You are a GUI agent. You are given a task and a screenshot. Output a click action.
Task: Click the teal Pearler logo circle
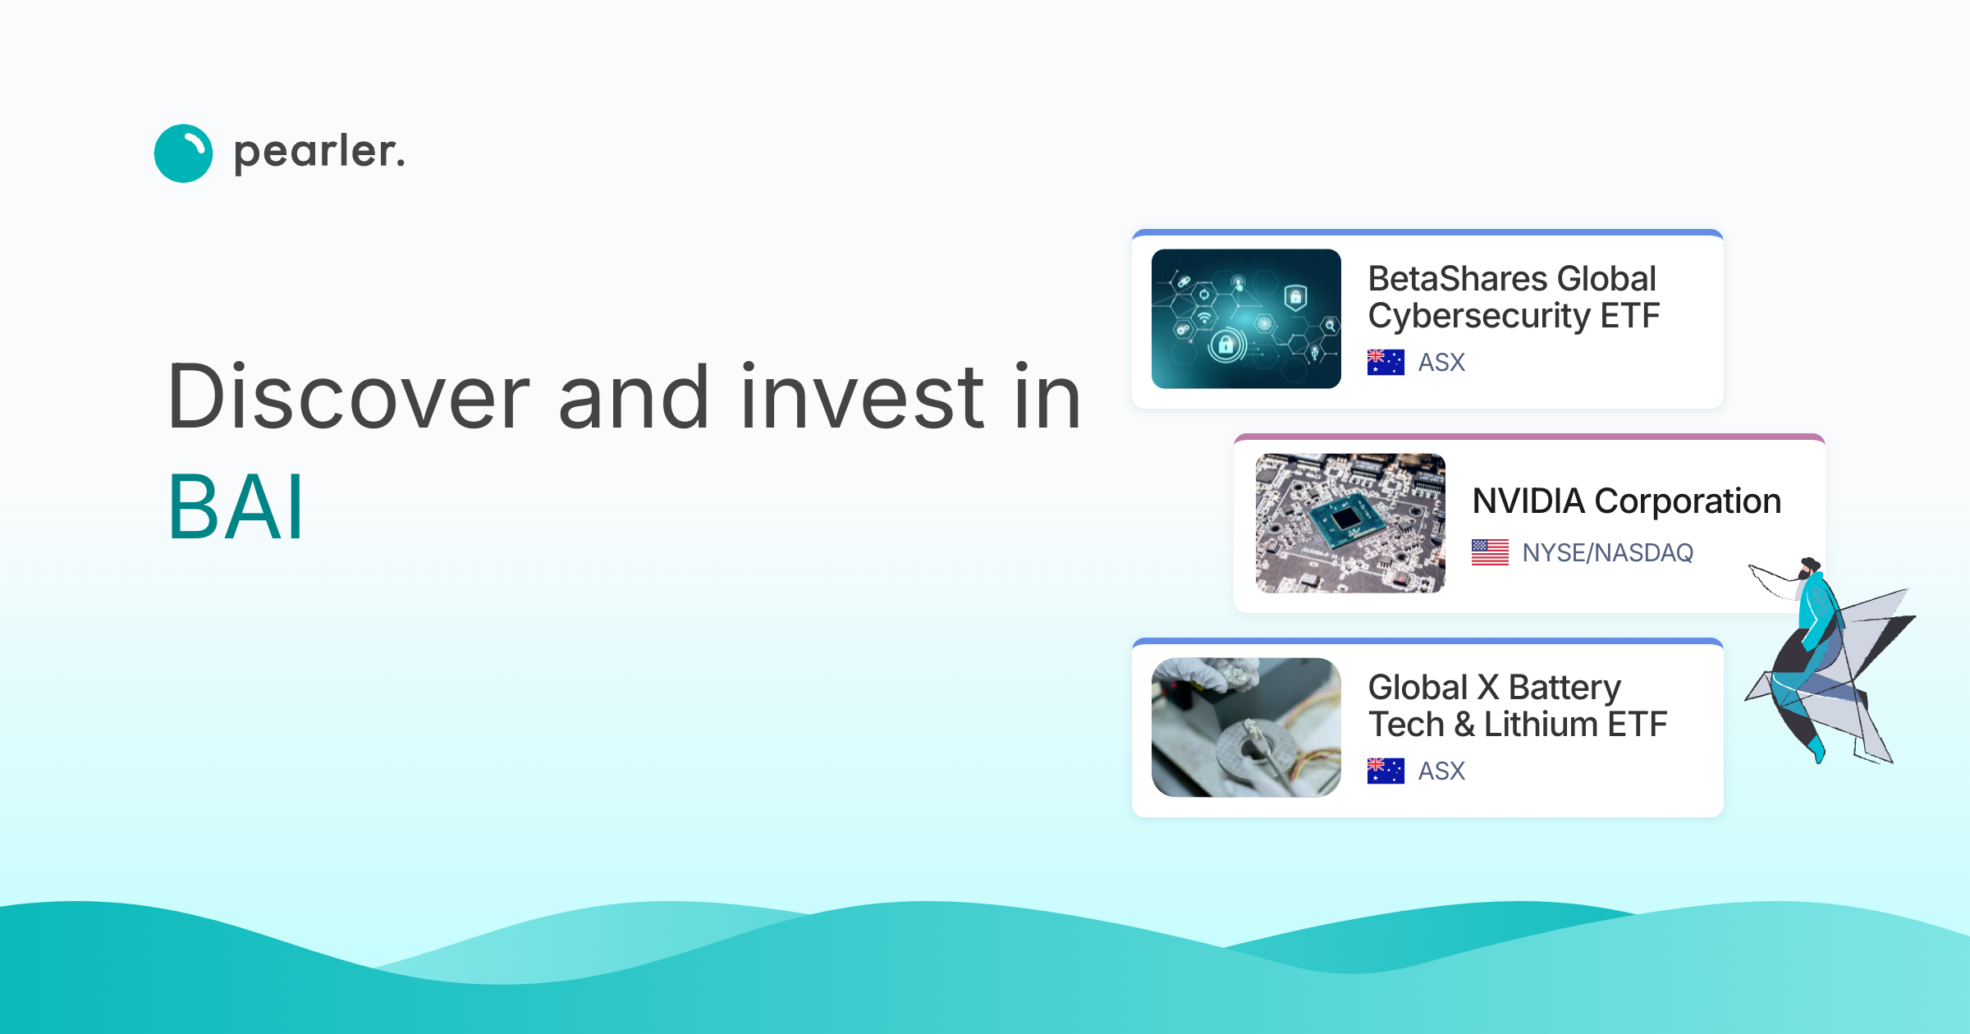(183, 153)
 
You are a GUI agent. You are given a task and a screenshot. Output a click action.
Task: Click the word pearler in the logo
(319, 153)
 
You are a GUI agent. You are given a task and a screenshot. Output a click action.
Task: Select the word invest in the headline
(862, 398)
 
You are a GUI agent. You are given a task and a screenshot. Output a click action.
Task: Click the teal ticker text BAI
(236, 509)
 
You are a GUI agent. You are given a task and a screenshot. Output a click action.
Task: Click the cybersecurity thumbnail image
(1246, 318)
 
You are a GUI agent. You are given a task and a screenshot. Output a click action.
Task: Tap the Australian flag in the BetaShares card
(1386, 362)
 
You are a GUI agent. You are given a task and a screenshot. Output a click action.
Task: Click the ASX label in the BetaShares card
(1441, 362)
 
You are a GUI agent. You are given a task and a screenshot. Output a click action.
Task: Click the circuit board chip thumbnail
(1350, 523)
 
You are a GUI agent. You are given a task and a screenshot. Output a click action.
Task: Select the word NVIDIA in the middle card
(1528, 501)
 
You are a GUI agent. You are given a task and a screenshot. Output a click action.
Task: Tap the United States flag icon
(1490, 552)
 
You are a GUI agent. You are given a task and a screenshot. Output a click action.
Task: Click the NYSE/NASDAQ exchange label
(1607, 552)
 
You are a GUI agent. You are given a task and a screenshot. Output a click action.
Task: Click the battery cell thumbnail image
(1246, 727)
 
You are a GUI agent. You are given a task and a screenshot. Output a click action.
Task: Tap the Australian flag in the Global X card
(1386, 771)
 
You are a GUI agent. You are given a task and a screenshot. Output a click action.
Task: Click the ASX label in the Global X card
(1441, 771)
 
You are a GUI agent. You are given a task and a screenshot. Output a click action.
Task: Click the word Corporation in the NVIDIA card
(1688, 501)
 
